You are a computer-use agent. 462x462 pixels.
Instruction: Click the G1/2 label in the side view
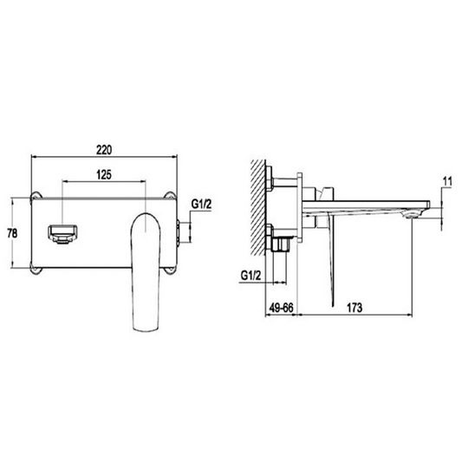click(x=251, y=276)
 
